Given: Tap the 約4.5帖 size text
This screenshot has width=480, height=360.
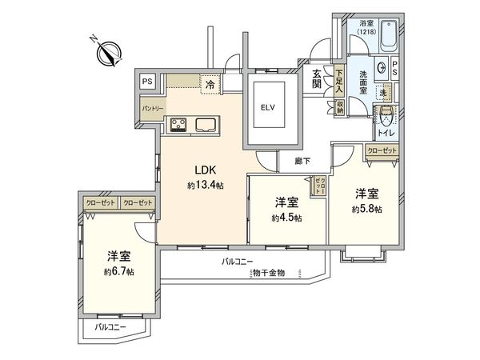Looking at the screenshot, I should tap(286, 218).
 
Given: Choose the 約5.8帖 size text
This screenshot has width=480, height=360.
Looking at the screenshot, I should tap(368, 209).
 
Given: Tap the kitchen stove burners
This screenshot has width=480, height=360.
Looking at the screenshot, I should tap(177, 123).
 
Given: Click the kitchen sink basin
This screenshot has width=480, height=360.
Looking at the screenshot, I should tap(203, 123).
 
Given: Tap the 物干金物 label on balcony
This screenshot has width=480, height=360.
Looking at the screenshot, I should tap(269, 274).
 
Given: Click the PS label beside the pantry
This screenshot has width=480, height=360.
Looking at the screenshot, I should tap(146, 81).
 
